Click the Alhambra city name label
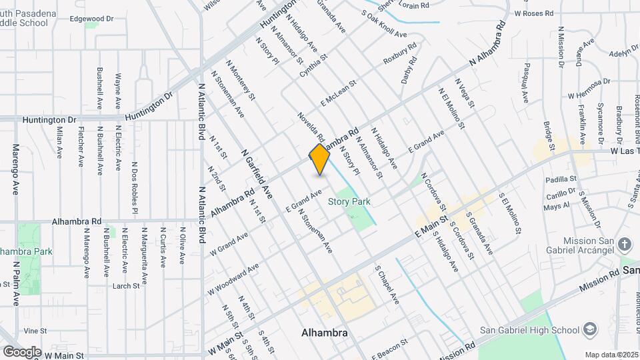tap(325, 333)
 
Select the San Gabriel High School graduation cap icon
tap(589, 329)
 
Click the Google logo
tap(22, 351)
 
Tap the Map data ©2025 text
tap(611, 355)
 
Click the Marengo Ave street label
tap(15, 169)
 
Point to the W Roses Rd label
tap(533, 13)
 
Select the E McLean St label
tap(338, 93)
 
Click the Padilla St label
tap(560, 179)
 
